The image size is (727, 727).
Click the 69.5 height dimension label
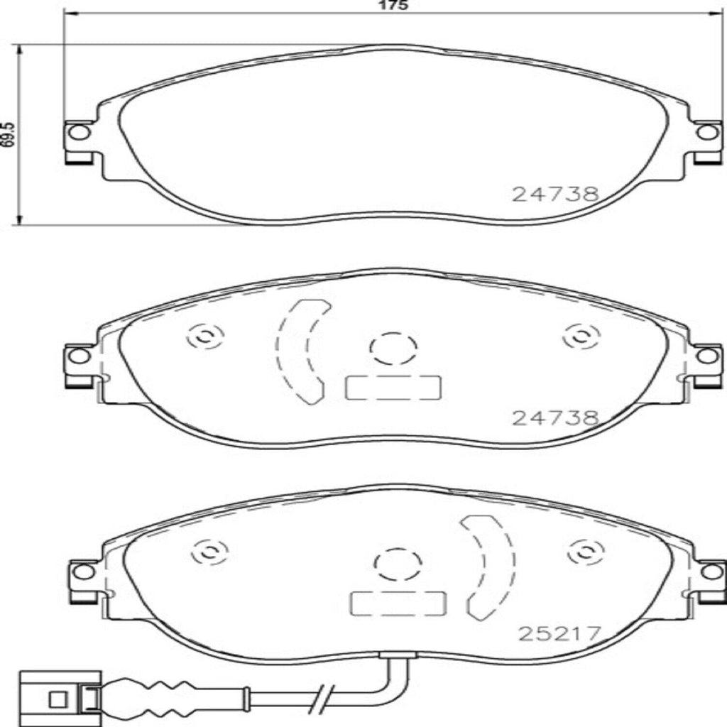[8, 133]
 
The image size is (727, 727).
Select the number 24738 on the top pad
[556, 194]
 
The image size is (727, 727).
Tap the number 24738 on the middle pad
[556, 419]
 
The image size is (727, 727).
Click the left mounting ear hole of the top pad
[80, 132]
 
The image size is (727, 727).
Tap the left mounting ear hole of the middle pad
[80, 356]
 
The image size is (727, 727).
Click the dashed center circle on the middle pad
[393, 348]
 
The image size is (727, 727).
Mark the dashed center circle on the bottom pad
[398, 564]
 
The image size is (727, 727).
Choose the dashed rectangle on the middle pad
[393, 388]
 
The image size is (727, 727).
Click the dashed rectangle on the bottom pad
[398, 603]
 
